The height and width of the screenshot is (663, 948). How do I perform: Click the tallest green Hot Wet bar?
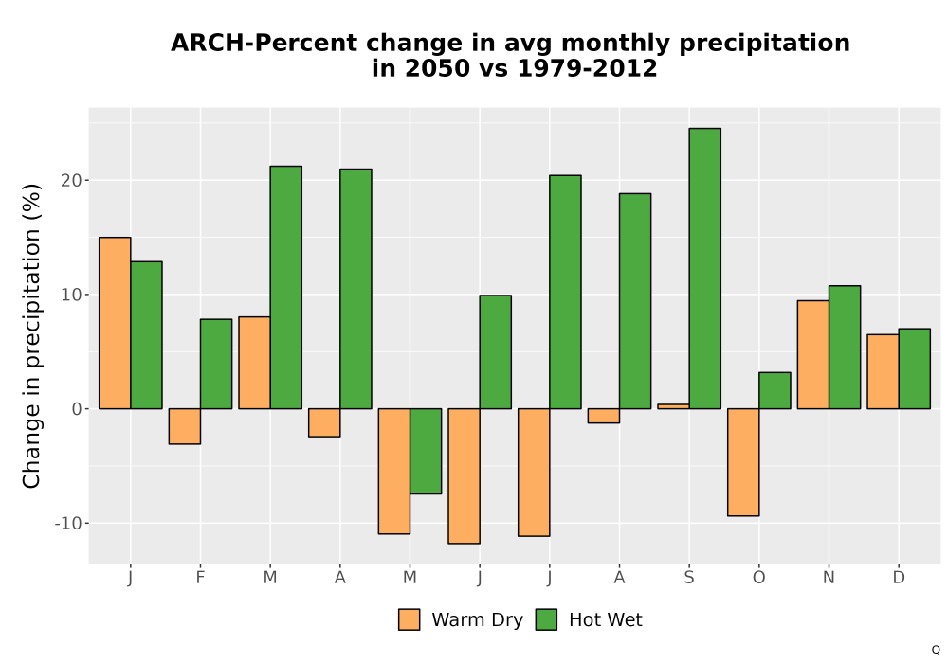pos(704,269)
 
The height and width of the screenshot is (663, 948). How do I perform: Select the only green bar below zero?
pos(426,451)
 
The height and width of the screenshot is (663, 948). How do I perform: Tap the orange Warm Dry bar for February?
pos(185,426)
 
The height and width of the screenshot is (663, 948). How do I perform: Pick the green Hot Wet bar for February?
pos(216,364)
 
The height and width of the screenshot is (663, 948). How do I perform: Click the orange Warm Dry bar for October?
pos(743,462)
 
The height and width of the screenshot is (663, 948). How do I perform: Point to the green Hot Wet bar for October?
pos(775,390)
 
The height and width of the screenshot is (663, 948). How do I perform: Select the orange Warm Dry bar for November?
pos(813,354)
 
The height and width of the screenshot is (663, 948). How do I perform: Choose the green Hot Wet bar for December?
pos(914,369)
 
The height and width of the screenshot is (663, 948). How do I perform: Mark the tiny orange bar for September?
pos(673,406)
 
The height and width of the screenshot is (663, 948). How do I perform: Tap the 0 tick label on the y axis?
pos(78,409)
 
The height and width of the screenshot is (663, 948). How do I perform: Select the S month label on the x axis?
pos(689,578)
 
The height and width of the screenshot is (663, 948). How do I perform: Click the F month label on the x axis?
pos(200,578)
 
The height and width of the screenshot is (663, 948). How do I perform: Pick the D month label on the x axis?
pos(899,578)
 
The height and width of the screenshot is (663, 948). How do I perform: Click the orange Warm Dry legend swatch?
pos(410,619)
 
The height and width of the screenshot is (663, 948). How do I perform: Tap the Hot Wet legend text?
pos(605,619)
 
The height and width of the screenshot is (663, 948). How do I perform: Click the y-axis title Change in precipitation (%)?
pos(31,335)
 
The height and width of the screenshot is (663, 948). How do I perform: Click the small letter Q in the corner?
pos(936,650)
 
